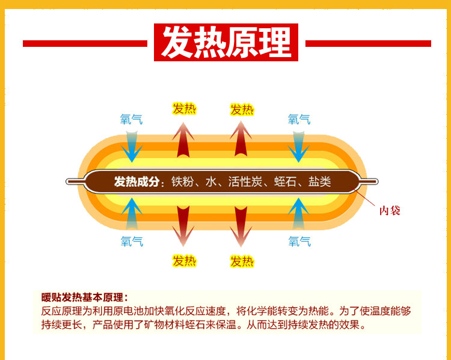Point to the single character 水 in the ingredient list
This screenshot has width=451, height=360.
[211, 182]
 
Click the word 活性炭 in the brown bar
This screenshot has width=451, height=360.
[245, 182]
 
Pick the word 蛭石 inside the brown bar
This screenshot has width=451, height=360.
[286, 182]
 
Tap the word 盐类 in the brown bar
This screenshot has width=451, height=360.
[320, 182]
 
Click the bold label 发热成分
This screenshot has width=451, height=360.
[138, 182]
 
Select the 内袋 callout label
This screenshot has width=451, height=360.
[389, 210]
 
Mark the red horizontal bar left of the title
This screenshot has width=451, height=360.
[85, 43]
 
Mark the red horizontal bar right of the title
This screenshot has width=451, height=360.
[368, 43]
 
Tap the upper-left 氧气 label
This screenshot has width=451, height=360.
[132, 120]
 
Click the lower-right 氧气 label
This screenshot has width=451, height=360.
[299, 242]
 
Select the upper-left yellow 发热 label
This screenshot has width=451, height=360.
[184, 109]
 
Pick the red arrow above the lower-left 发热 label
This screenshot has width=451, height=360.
[183, 226]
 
